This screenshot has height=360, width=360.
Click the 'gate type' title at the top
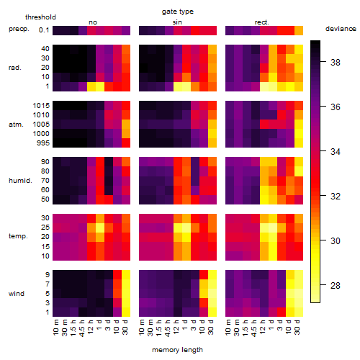[178, 12]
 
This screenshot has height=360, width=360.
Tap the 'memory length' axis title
[177, 350]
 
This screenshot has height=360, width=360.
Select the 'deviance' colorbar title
[341, 29]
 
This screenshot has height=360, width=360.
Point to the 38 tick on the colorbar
[336, 63]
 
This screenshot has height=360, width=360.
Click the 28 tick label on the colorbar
[336, 286]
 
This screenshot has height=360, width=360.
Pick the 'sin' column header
[177, 22]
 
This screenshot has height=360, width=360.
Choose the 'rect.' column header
[261, 22]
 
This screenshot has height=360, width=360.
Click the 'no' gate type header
[93, 22]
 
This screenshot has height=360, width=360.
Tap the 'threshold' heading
[40, 17]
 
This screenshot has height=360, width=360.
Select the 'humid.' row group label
[20, 181]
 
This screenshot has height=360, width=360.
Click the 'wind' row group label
[17, 294]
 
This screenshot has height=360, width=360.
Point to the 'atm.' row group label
[16, 125]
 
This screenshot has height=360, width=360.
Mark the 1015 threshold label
[41, 106]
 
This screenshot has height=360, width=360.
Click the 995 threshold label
[43, 143]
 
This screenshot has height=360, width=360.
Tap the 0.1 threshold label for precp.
[44, 30]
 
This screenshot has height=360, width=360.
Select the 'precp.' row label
[19, 29]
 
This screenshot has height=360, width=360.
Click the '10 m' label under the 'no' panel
[56, 327]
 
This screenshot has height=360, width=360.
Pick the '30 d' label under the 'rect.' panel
[297, 327]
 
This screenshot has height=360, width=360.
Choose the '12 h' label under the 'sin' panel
[176, 327]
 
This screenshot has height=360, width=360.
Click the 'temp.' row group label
[18, 236]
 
